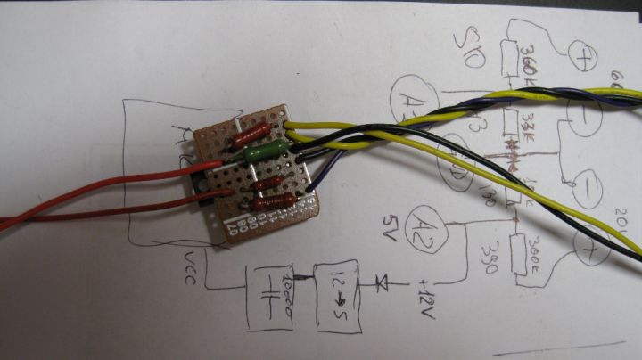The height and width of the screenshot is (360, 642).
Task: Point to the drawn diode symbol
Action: pyautogui.click(x=383, y=283)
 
